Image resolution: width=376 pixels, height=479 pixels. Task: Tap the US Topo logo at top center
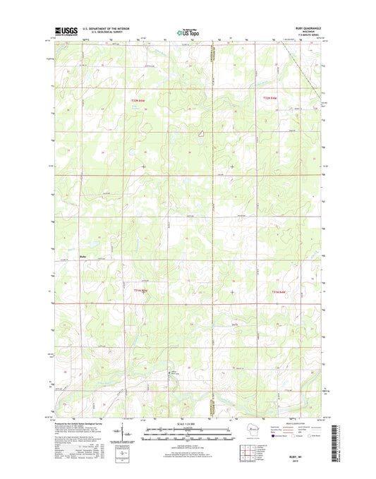[188, 31]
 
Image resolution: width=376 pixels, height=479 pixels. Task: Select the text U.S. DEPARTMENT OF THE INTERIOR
[109, 29]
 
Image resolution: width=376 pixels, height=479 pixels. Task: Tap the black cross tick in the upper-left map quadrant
[143, 166]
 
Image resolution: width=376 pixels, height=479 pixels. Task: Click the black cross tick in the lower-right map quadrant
[232, 291]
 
